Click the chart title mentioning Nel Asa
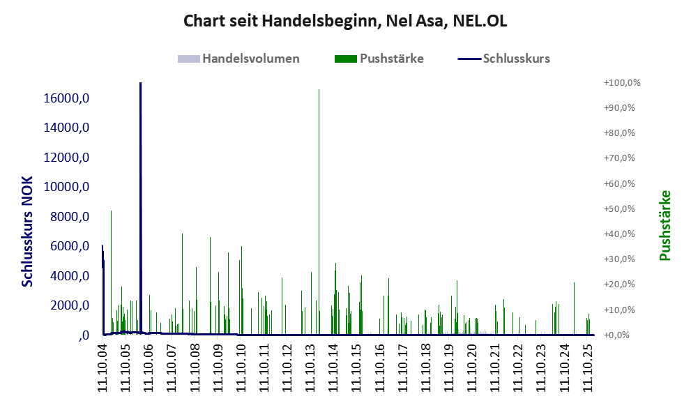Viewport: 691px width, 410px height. [x=345, y=21]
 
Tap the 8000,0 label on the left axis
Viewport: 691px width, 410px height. [x=67, y=217]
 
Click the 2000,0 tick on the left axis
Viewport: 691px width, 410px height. [x=67, y=305]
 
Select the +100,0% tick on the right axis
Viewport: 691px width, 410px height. [x=622, y=83]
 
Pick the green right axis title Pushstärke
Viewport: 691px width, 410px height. [x=665, y=226]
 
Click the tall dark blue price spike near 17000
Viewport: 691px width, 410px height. [x=140, y=139]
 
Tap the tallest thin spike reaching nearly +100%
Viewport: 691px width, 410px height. [x=319, y=139]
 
